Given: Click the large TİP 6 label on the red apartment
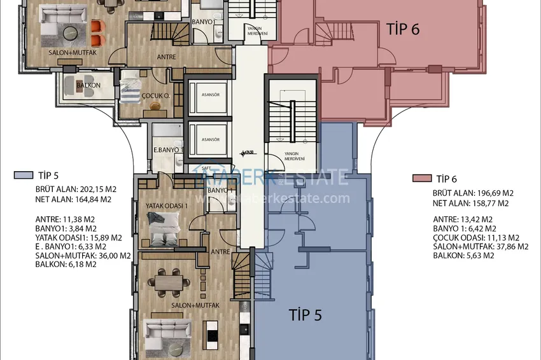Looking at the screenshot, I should tap(403, 29).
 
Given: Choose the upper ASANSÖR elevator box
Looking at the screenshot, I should tap(206, 97).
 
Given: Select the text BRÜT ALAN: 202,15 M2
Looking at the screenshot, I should tap(73, 189).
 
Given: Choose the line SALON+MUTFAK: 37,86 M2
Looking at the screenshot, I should tap(481, 246).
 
